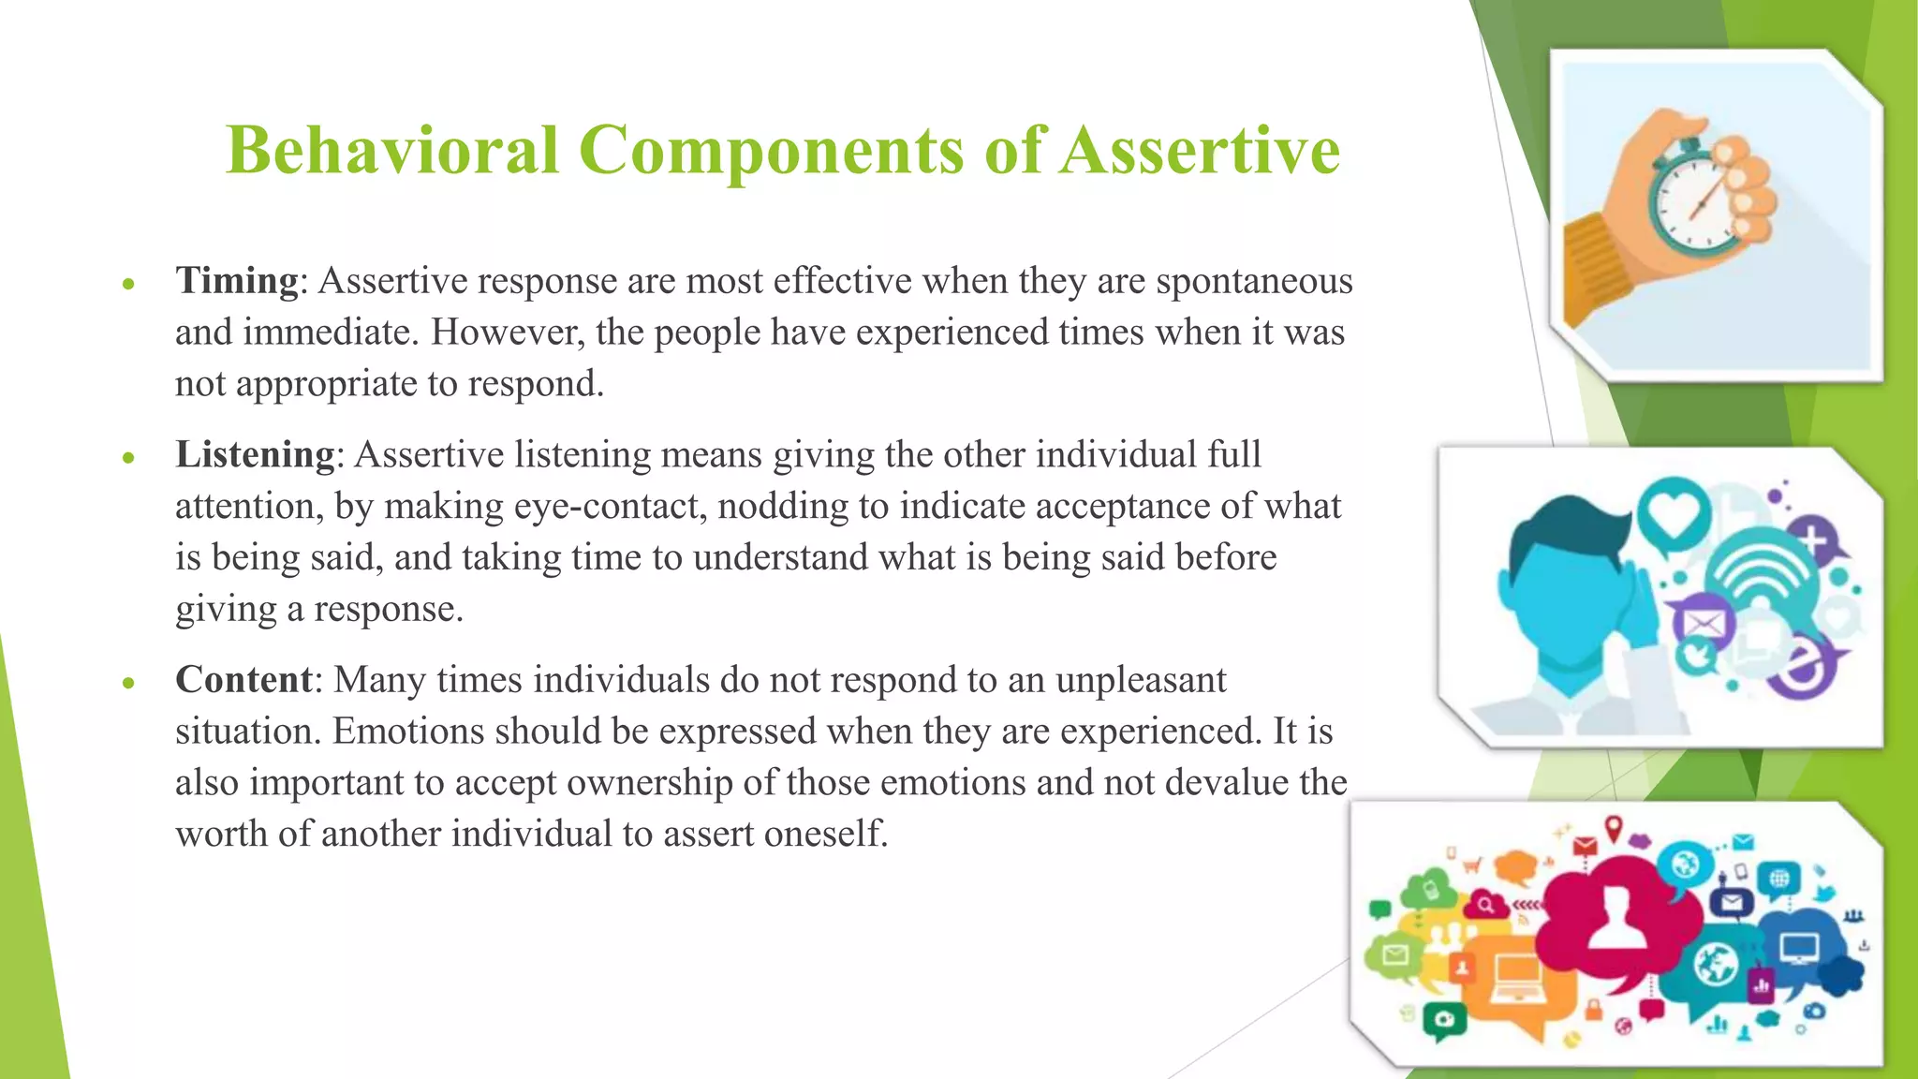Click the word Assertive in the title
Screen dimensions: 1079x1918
[x=1200, y=150]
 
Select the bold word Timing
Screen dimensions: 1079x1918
[x=236, y=280]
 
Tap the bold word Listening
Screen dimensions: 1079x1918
[x=255, y=454]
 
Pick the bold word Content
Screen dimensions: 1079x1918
[x=243, y=679]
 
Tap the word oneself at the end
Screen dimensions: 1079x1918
[x=825, y=834]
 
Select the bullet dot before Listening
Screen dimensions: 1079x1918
[x=129, y=458]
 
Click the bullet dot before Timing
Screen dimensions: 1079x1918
[x=129, y=284]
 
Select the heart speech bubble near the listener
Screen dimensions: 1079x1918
[x=1674, y=512]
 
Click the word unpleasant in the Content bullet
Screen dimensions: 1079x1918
[x=1140, y=679]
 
